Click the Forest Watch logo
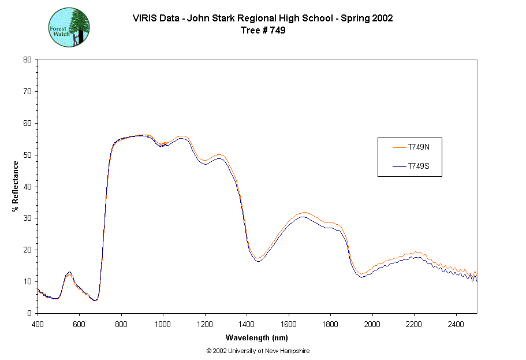(x=69, y=27)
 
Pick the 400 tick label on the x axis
(x=38, y=324)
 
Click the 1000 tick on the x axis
(x=163, y=324)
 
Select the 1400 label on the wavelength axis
(x=247, y=324)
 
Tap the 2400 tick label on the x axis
(x=456, y=324)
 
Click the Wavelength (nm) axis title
(x=258, y=338)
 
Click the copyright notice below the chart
(x=258, y=351)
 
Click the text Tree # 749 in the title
(x=263, y=31)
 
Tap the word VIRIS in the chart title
(x=144, y=18)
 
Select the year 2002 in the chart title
(x=383, y=18)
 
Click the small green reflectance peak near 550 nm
(x=69, y=273)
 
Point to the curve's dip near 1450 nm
(x=258, y=259)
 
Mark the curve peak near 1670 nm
(x=304, y=214)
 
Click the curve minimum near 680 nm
(x=96, y=300)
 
